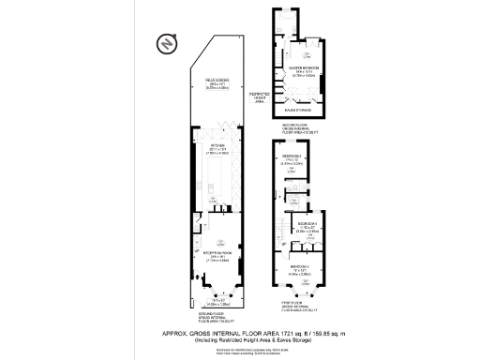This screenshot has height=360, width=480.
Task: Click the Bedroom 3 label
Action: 292,156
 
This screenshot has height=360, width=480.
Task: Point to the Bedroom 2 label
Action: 300,267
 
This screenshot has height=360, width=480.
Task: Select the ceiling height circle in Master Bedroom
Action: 307,56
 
